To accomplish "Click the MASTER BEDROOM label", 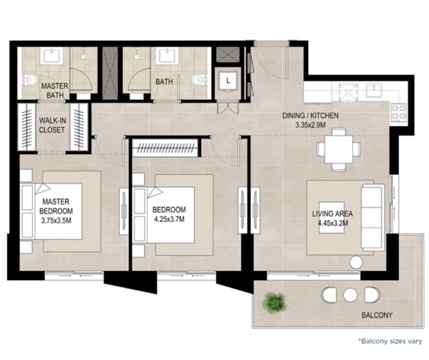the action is [56, 206].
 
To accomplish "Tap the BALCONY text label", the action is [377, 315].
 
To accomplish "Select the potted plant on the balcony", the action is [274, 302].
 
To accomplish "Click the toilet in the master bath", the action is [30, 80].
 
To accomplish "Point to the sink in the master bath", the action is [52, 56].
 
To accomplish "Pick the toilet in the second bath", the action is [198, 80].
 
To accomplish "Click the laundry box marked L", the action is [228, 80].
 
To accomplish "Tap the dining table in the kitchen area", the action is [339, 149].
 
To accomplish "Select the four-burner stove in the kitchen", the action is [399, 112].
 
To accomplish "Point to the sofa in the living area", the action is [373, 218].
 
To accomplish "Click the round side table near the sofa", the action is [356, 262].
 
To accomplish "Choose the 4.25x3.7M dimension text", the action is [169, 219].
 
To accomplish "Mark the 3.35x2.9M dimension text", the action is [310, 125].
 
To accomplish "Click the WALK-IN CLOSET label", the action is [52, 125].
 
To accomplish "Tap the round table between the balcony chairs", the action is [351, 295].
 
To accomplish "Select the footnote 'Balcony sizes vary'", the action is [390, 341].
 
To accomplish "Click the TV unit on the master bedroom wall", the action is [124, 211].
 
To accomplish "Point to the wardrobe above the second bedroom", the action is [165, 148].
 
